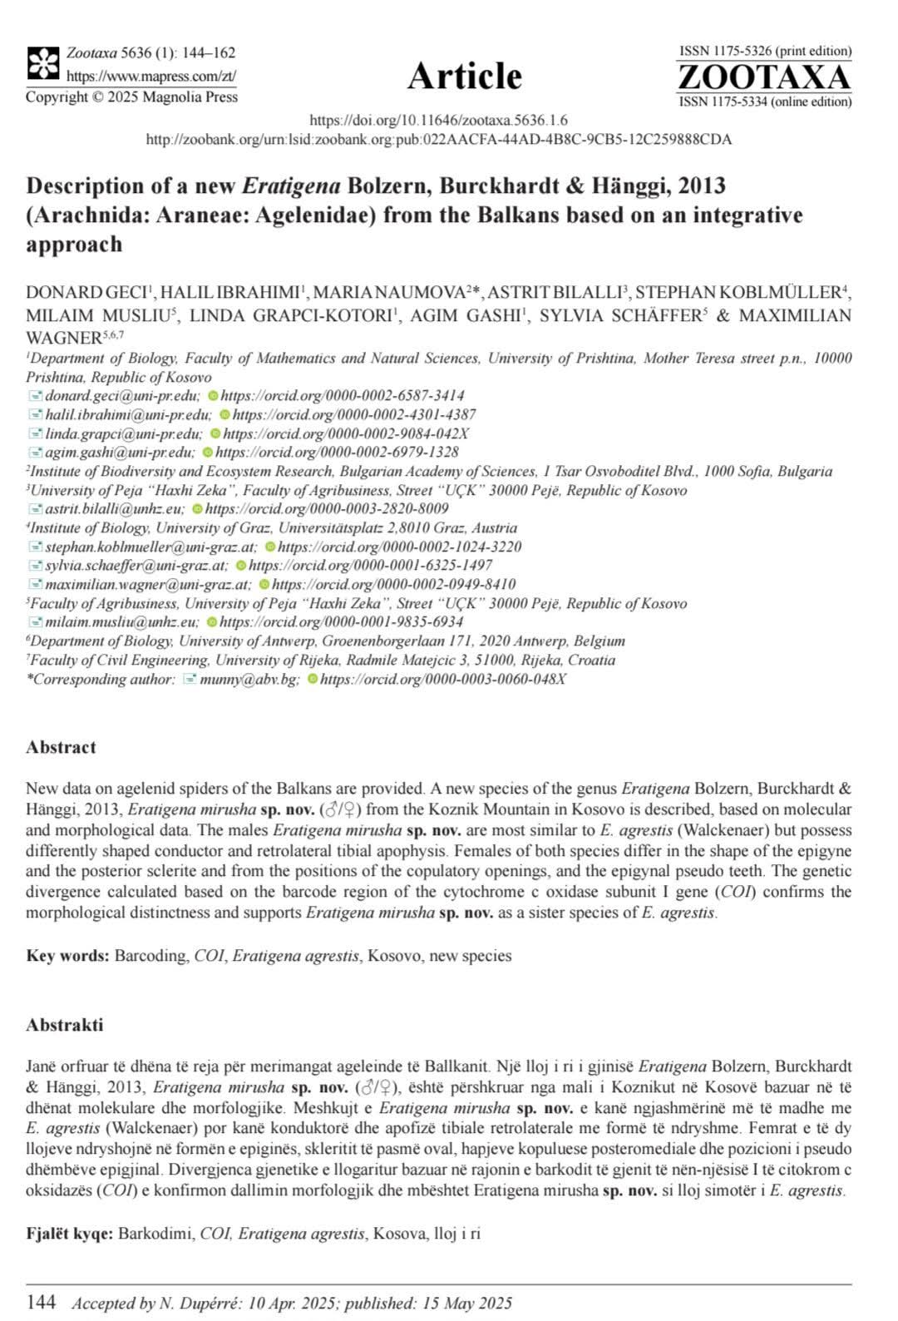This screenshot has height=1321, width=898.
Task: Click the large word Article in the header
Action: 464,77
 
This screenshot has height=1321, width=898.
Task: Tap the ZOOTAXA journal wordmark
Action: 764,77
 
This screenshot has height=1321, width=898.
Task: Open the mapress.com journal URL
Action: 150,76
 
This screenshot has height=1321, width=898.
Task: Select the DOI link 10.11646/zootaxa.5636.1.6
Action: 438,121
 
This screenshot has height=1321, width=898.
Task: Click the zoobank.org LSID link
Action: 438,140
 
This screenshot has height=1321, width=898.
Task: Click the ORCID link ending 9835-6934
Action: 342,622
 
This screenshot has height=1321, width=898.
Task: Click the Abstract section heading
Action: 61,747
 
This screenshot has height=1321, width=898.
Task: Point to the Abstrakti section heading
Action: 65,1025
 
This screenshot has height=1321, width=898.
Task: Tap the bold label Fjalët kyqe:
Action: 69,1233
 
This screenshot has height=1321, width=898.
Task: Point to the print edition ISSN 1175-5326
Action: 765,52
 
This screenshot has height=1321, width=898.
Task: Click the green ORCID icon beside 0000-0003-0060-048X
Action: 313,680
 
